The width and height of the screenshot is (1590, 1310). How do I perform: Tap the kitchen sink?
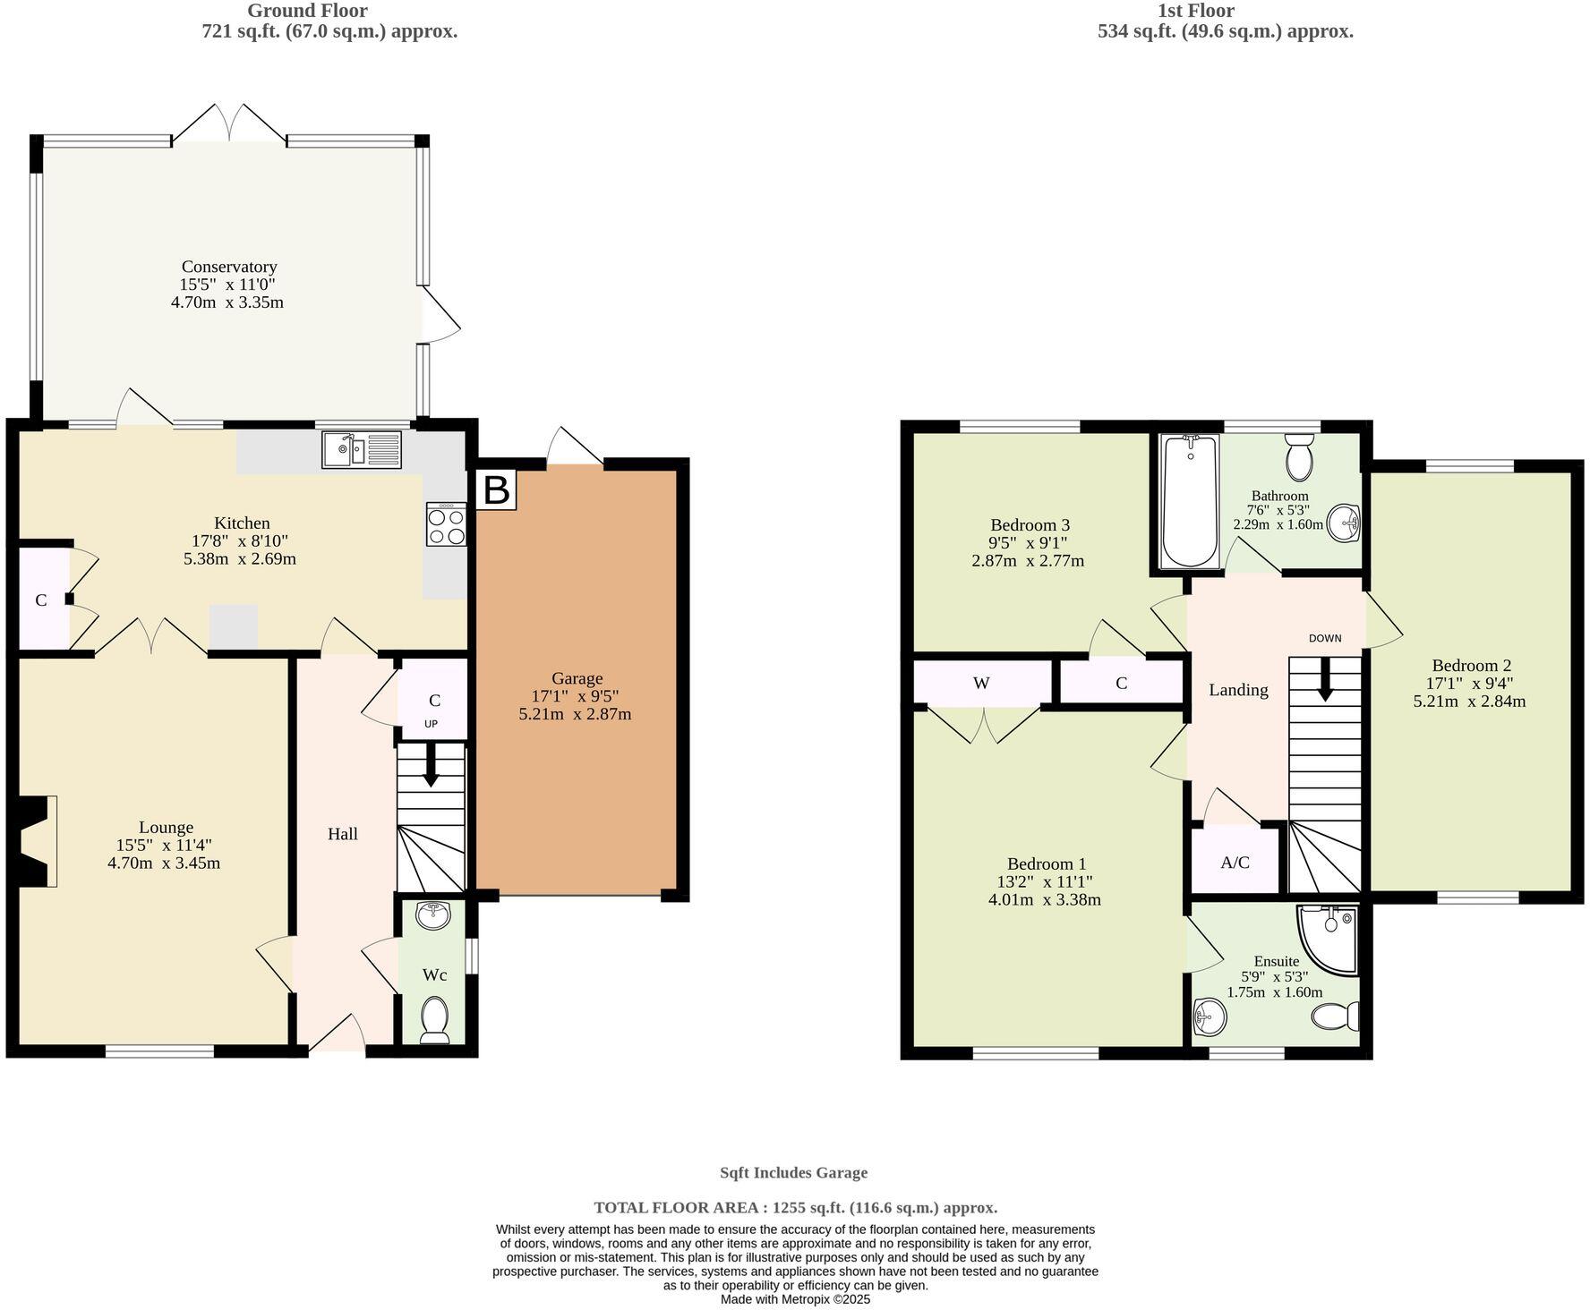click(362, 449)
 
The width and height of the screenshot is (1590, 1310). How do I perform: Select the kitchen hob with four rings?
click(447, 524)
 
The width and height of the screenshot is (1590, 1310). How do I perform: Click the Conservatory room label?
click(229, 267)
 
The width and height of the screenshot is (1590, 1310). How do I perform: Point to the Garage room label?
click(577, 678)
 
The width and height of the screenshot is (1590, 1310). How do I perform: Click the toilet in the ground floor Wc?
click(435, 1020)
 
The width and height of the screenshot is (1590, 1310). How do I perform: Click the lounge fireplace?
click(36, 841)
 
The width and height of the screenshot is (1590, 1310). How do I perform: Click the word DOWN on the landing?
click(1325, 638)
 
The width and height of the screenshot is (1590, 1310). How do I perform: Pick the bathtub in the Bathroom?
click(1189, 501)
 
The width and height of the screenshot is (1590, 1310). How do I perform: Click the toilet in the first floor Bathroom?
click(1298, 456)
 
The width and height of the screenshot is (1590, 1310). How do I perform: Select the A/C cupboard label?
click(1235, 863)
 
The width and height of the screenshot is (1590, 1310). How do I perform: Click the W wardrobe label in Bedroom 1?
click(981, 684)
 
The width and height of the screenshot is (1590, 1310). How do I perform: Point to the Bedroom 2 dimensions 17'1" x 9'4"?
click(1471, 684)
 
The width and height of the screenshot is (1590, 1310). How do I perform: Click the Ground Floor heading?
click(307, 11)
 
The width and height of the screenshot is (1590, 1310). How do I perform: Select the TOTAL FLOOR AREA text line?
click(795, 1207)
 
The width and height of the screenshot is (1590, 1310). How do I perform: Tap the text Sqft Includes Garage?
click(793, 1172)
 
